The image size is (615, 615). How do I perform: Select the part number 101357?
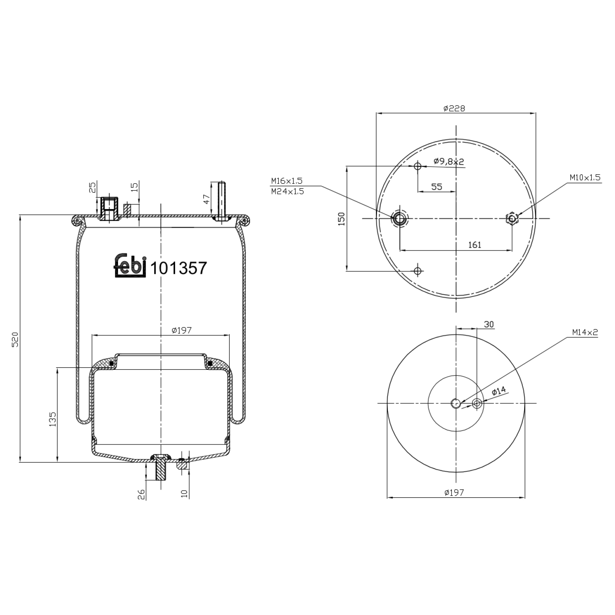pos(178,269)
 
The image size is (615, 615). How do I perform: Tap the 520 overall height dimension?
pos(15,339)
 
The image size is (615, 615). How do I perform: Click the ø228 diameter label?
pos(454,108)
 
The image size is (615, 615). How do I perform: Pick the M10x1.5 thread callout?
pos(585,178)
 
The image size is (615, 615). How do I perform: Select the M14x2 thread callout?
pos(585,333)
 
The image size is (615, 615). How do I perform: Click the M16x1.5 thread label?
pos(287,181)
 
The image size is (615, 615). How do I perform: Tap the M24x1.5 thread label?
pos(287,191)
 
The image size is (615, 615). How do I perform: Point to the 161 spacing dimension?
pos(474,245)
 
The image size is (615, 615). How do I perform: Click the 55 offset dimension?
pos(437,187)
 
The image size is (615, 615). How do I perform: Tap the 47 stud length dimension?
pos(207,199)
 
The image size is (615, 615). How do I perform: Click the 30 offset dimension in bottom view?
pos(489,324)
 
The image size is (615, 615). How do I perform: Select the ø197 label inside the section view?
pos(182,330)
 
